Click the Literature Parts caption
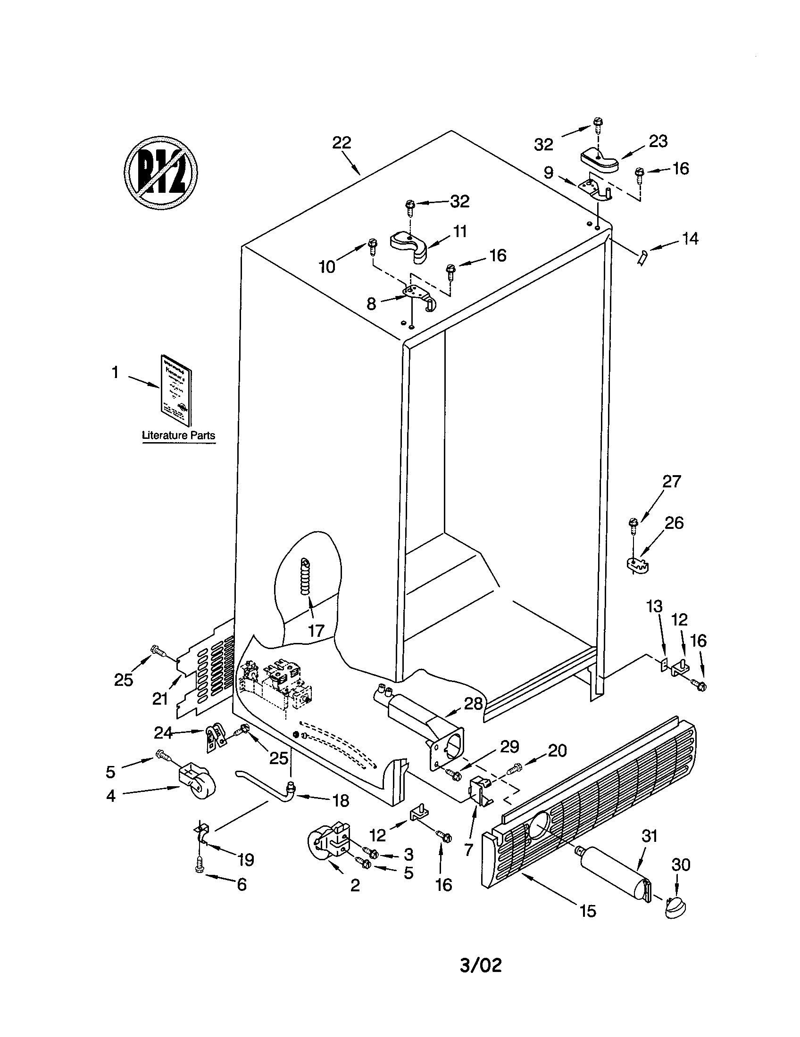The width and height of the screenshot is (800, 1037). pyautogui.click(x=179, y=436)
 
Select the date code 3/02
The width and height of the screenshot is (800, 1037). pyautogui.click(x=481, y=965)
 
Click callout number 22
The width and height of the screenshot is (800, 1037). pyautogui.click(x=341, y=142)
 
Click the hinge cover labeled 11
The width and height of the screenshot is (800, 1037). pyautogui.click(x=409, y=246)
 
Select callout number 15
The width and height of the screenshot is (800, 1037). pyautogui.click(x=588, y=911)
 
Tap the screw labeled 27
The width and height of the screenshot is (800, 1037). pyautogui.click(x=632, y=522)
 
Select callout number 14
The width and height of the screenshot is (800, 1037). pyautogui.click(x=690, y=239)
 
